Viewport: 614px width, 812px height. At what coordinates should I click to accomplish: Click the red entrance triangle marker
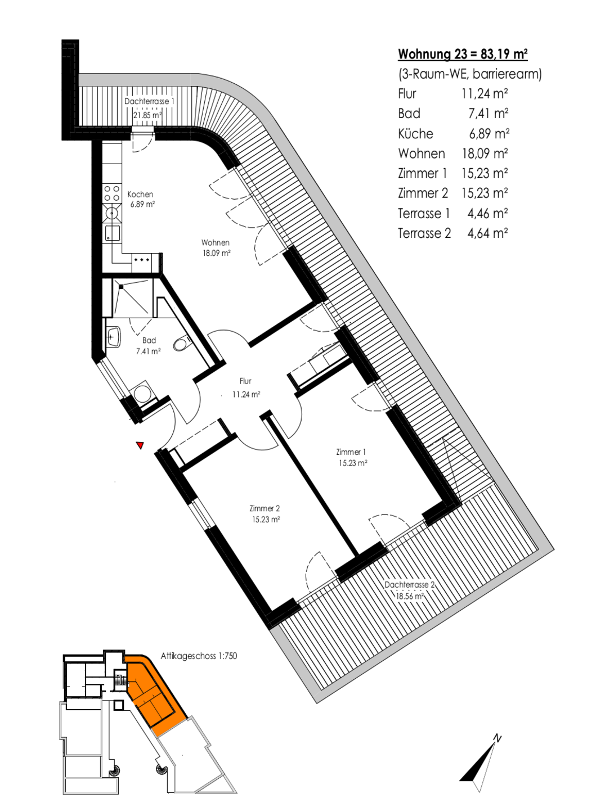click(140, 445)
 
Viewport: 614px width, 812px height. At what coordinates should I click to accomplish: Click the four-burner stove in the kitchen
click(112, 193)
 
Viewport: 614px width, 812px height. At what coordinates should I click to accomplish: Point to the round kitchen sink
click(112, 213)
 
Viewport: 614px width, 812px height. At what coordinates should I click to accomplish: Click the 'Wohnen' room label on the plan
click(216, 243)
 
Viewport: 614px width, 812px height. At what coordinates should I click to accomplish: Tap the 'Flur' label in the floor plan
click(245, 381)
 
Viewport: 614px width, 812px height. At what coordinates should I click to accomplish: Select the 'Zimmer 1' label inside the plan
click(351, 452)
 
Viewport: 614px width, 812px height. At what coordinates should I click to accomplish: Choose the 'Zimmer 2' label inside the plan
click(265, 509)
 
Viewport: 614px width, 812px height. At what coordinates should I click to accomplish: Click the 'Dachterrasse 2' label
click(409, 585)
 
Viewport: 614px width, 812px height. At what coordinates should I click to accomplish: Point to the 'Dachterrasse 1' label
click(149, 101)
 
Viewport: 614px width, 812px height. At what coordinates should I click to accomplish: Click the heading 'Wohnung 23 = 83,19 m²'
click(463, 54)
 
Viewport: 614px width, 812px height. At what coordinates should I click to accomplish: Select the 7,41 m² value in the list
click(488, 114)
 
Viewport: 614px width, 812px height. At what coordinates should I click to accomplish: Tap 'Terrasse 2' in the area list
click(424, 233)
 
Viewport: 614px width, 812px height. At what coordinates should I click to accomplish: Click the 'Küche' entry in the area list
click(415, 133)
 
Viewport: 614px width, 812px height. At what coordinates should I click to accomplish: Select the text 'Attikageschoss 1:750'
click(199, 656)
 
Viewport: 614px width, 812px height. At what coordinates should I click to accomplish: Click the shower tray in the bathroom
click(131, 298)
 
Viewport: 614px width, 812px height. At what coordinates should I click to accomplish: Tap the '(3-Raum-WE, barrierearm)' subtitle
click(470, 74)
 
